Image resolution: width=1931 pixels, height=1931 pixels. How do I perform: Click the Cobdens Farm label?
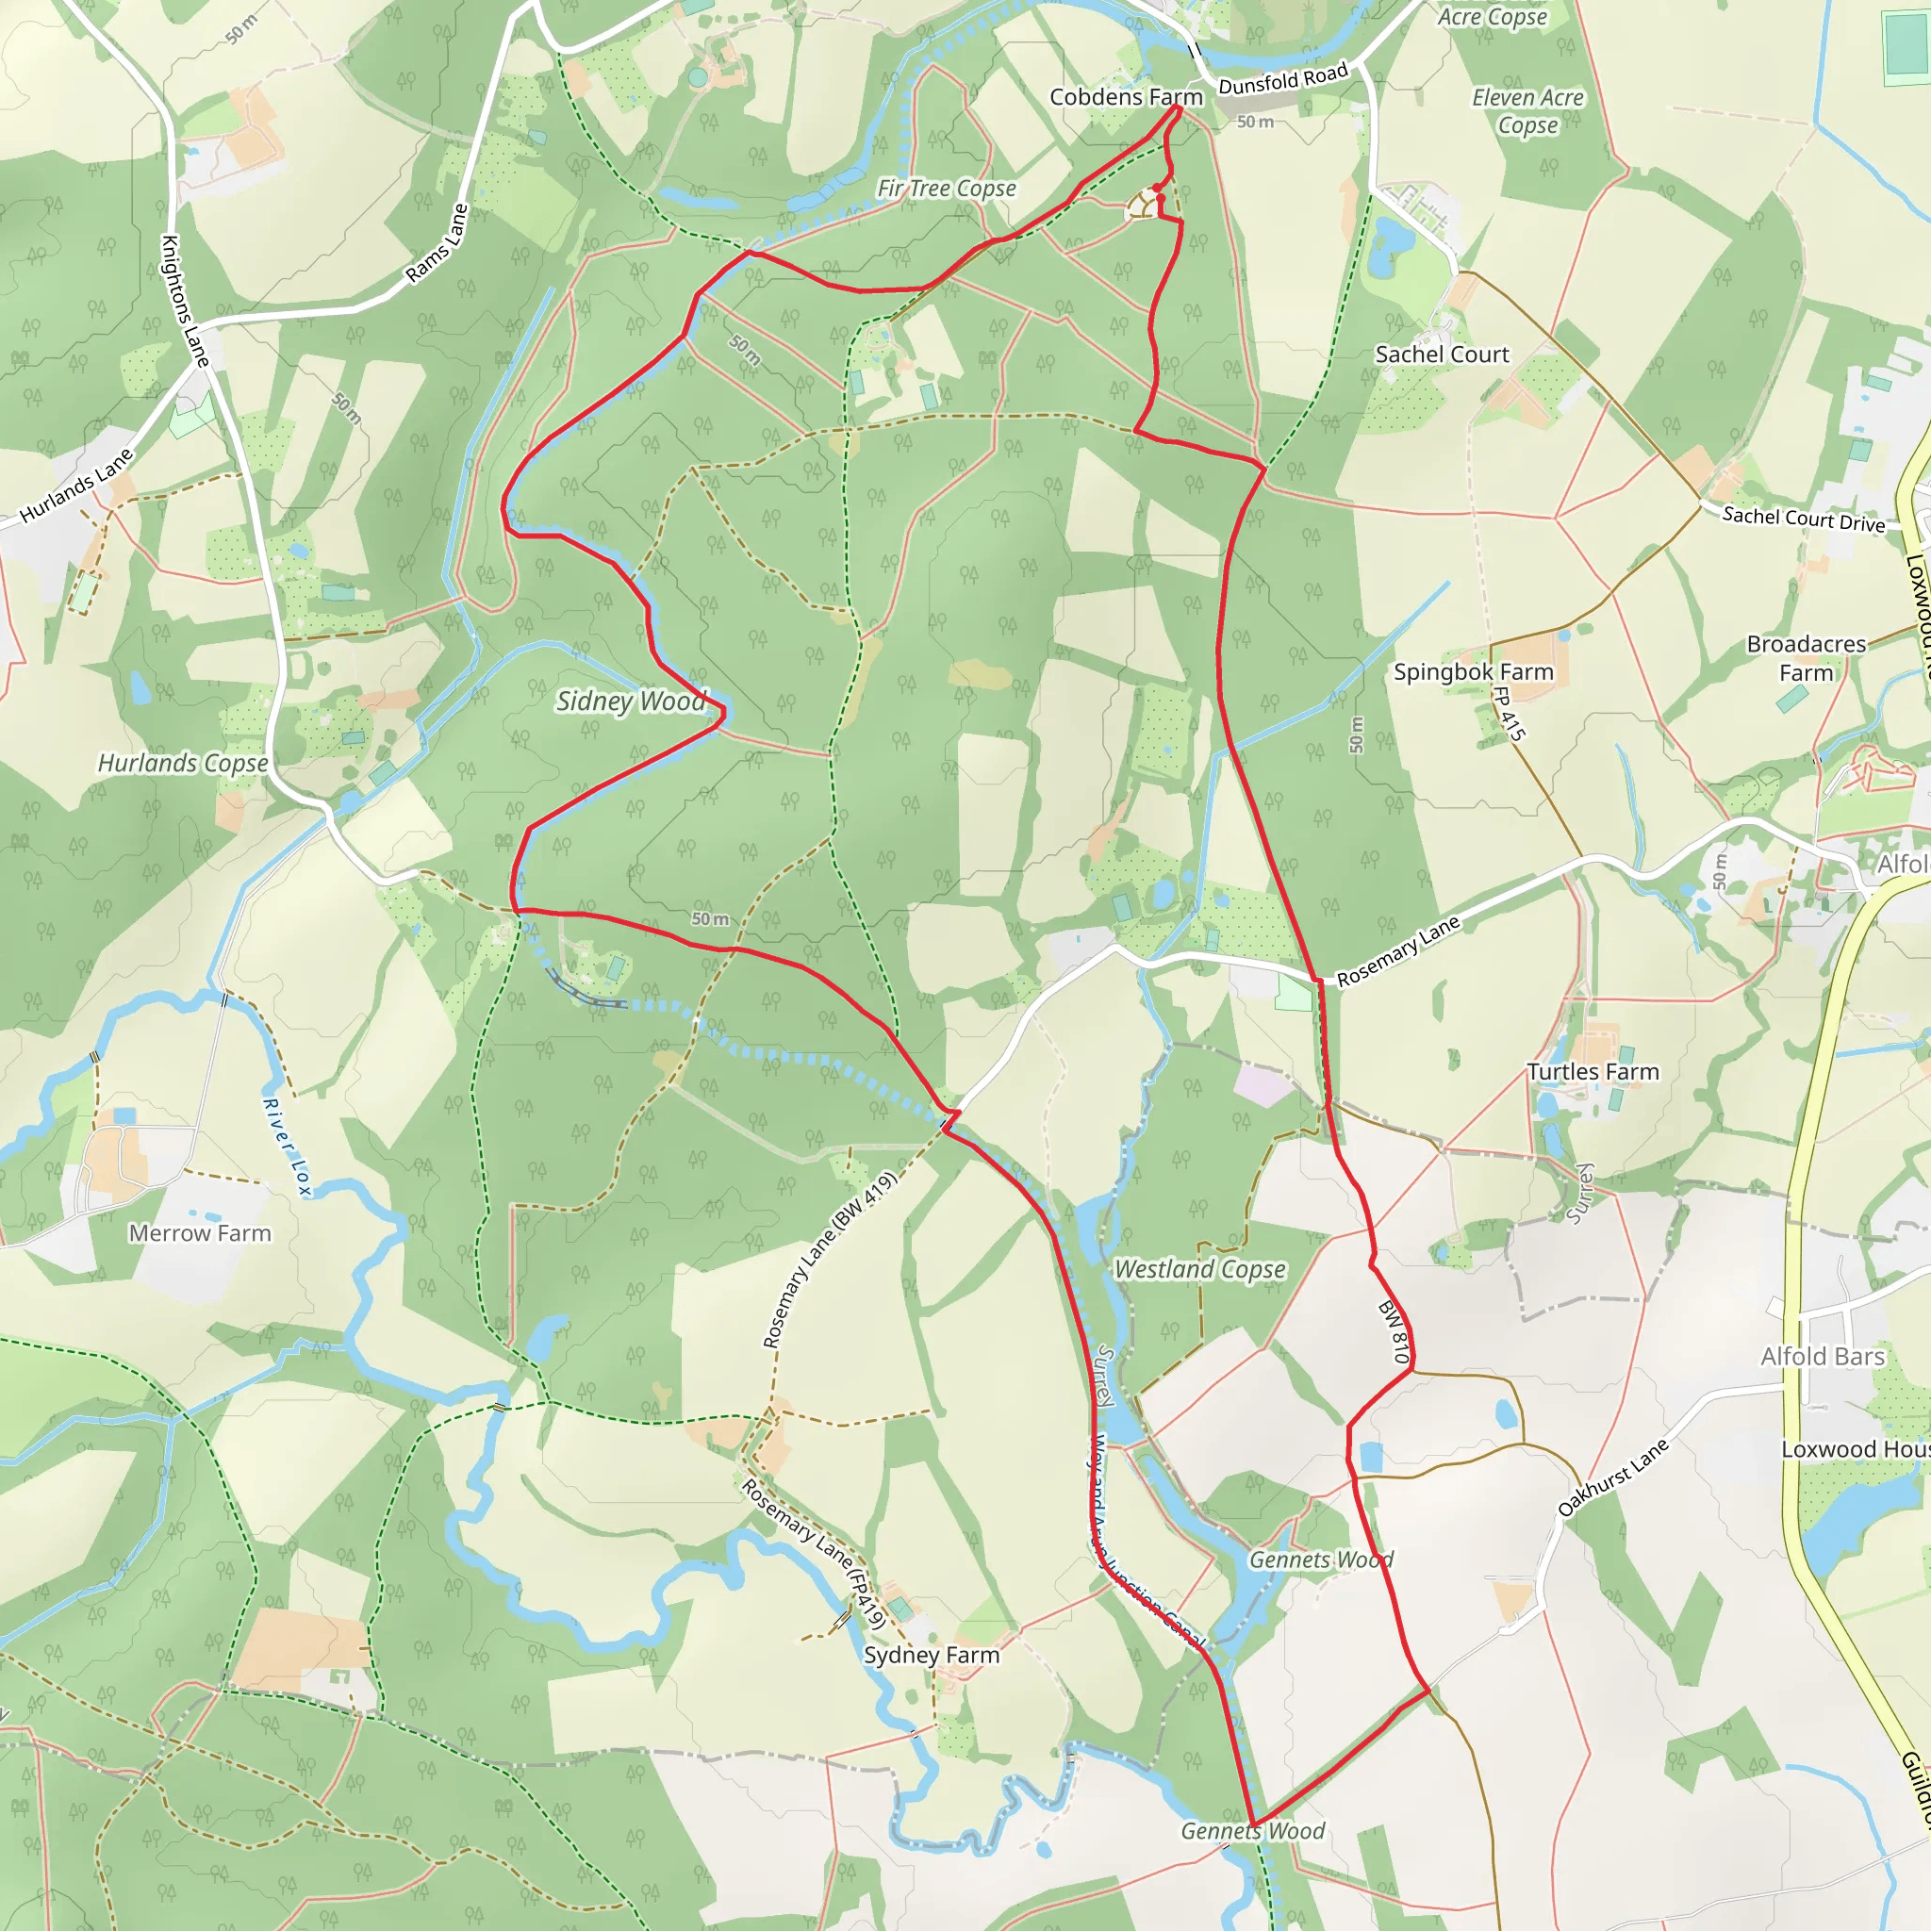1126,97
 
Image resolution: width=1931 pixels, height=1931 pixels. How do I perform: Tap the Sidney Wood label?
631,701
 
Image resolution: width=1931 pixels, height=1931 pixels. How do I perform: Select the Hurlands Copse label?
183,764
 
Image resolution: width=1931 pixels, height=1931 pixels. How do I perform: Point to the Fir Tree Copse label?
947,188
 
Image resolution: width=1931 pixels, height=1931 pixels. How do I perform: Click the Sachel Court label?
1442,355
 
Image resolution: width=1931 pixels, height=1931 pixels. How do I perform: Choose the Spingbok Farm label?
1474,671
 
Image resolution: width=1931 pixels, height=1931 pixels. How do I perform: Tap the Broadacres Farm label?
1806,658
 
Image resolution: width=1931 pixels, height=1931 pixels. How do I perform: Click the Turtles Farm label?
1593,1072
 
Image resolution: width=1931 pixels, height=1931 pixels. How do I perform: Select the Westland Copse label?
1199,1269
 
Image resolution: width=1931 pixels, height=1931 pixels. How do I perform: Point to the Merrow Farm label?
200,1233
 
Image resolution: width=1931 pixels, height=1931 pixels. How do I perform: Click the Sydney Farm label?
932,1655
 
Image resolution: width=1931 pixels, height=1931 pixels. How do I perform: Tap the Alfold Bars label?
1824,1356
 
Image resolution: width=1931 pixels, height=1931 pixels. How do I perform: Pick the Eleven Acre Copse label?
1527,111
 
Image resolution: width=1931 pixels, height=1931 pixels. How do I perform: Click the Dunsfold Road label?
1283,79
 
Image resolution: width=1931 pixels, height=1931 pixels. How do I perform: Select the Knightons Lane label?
185,301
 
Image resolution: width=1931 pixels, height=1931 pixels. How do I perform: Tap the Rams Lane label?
437,244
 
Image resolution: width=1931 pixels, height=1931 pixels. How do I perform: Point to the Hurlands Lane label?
76,486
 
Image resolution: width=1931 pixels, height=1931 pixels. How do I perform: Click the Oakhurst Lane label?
1613,1477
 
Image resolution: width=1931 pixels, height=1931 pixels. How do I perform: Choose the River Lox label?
287,1147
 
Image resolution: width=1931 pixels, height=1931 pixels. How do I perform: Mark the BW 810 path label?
1394,1332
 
